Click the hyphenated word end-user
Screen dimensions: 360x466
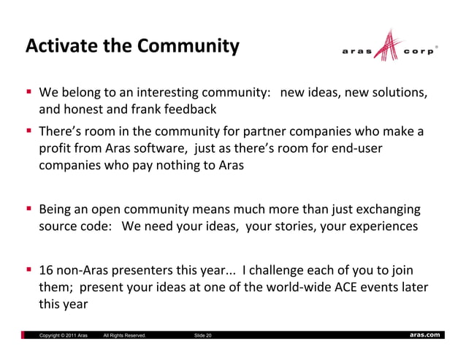click(x=356, y=148)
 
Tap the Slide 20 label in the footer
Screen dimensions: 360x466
click(x=203, y=335)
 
